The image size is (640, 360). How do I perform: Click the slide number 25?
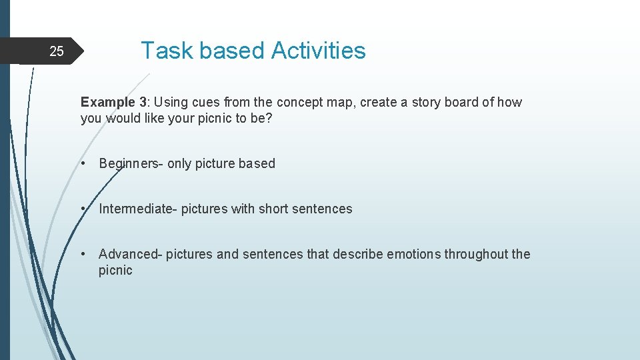57,51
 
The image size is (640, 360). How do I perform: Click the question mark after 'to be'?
269,119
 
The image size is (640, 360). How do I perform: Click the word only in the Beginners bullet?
179,163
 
